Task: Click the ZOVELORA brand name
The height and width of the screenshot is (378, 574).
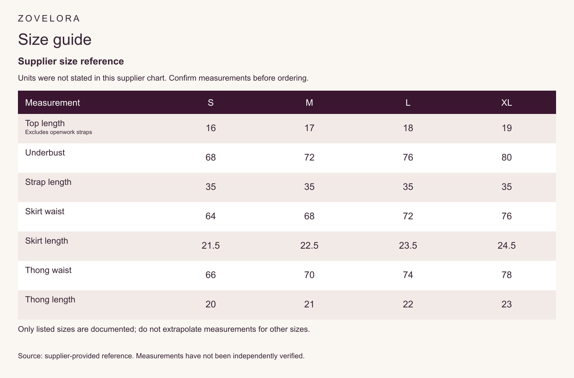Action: tap(49, 18)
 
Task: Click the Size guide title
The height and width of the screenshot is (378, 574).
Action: tap(55, 40)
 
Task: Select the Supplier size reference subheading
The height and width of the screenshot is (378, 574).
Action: tap(71, 61)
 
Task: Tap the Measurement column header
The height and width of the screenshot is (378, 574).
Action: tap(52, 102)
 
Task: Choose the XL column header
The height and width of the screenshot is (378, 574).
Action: tap(506, 102)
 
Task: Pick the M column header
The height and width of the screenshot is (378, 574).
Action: tap(309, 102)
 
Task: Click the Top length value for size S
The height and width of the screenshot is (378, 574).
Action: tap(211, 128)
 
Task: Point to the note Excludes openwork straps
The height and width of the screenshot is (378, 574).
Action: tap(58, 132)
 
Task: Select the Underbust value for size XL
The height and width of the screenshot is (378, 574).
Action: tap(506, 157)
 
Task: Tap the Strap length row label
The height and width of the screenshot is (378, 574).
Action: tap(48, 182)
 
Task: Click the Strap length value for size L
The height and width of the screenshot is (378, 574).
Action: tap(408, 187)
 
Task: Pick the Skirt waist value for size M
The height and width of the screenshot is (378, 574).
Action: tap(309, 216)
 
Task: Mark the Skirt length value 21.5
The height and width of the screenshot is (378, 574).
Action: tap(211, 246)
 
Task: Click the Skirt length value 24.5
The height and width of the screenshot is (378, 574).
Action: tap(506, 246)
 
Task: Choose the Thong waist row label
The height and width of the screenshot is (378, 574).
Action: tap(48, 270)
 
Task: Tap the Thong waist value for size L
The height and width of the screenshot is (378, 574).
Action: tap(408, 275)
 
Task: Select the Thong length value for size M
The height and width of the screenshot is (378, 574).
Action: tap(309, 305)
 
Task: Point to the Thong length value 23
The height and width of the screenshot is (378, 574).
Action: tap(506, 305)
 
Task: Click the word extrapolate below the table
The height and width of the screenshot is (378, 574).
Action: tap(182, 329)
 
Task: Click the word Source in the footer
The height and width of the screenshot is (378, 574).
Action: tap(30, 356)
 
